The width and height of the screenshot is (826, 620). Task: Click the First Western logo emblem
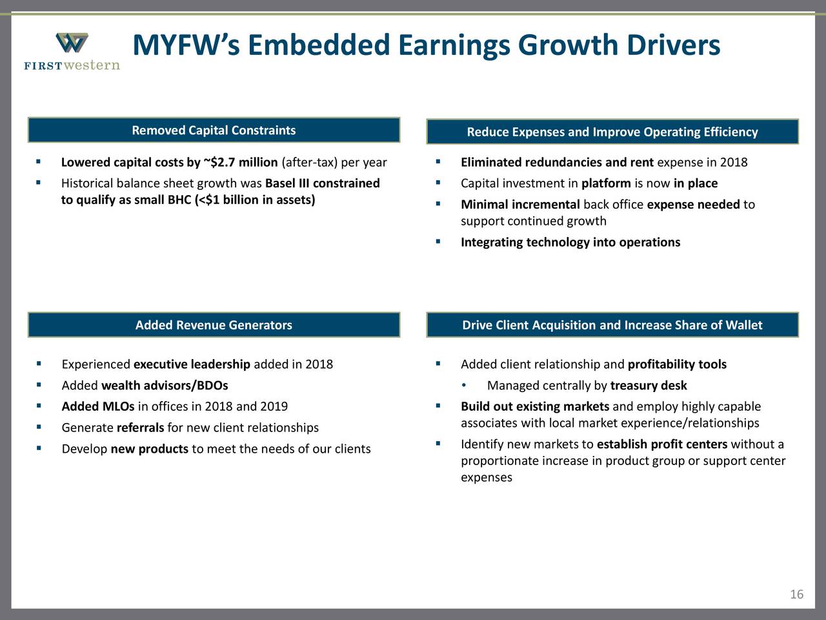[x=72, y=43]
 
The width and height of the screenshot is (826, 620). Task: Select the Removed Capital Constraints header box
[x=214, y=130]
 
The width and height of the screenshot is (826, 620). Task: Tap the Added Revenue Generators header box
[x=214, y=325]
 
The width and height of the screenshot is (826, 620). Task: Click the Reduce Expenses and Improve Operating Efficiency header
[x=612, y=132]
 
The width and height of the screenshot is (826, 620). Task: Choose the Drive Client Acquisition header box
[x=612, y=325]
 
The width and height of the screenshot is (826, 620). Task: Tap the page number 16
[x=796, y=594]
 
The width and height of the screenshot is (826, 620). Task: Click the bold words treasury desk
[x=648, y=386]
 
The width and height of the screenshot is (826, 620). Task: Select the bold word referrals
[x=140, y=428]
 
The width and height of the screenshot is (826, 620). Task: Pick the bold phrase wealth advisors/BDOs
[x=165, y=386]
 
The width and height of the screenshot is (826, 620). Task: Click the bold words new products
[x=149, y=449]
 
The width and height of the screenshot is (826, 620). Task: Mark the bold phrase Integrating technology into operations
[x=570, y=242]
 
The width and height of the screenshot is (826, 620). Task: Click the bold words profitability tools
[x=676, y=364]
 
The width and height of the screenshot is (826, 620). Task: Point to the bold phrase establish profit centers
[x=662, y=444]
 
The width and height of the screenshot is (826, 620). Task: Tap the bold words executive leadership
[x=192, y=364]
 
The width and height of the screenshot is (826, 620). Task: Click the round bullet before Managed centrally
[x=465, y=386]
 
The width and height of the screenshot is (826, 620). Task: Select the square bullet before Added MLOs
[x=39, y=406]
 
